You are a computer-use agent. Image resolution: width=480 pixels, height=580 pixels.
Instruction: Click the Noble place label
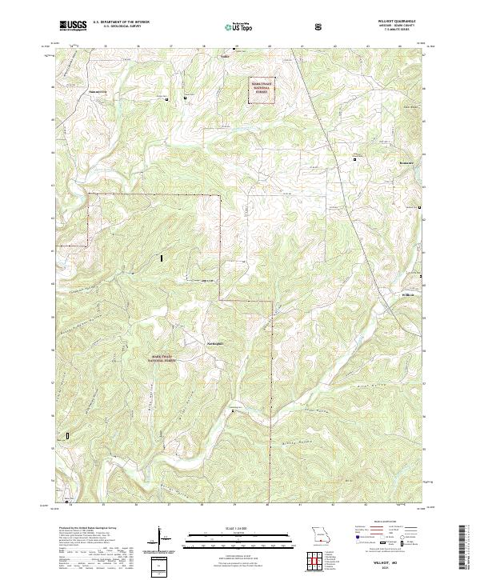tap(224, 57)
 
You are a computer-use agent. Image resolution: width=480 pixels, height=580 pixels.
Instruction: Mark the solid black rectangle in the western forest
tap(162, 258)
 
